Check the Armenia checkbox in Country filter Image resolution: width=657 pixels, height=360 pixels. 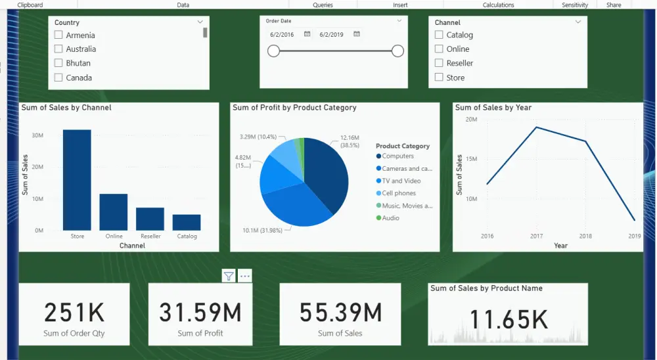58,35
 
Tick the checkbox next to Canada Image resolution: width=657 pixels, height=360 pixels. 58,78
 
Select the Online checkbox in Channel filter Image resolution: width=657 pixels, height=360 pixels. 439,49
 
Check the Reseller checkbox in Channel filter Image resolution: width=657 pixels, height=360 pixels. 439,63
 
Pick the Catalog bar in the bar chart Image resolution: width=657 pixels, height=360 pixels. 187,222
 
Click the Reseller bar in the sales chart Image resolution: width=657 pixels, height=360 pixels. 150,219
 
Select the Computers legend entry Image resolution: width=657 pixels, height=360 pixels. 398,156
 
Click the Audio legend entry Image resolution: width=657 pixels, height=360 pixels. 390,218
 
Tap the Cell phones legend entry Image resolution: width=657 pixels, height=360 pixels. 399,193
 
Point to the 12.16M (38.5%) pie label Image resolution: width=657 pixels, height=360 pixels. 350,141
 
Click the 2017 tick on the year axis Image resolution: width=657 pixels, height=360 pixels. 536,236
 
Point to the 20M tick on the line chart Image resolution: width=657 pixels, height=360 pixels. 470,119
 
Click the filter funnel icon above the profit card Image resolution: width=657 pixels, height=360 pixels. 228,276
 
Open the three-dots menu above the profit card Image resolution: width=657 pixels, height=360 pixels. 245,276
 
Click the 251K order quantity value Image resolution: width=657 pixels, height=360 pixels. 74,313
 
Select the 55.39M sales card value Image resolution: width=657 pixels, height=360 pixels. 340,313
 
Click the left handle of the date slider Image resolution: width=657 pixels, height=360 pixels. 274,51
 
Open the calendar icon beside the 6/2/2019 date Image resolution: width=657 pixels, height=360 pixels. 356,34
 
